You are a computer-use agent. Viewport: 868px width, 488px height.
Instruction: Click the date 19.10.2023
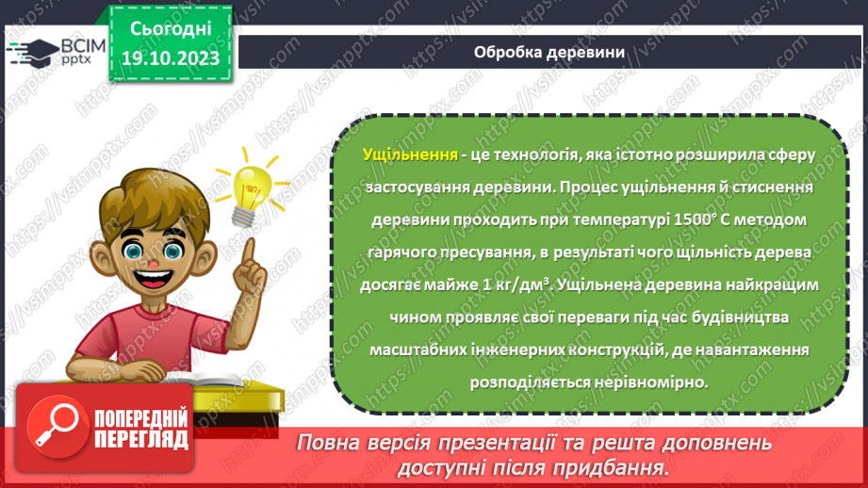pyautogui.click(x=170, y=59)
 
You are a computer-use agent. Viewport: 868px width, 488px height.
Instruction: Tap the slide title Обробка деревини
pyautogui.click(x=549, y=53)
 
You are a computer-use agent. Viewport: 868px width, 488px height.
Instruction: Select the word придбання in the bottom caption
pyautogui.click(x=618, y=466)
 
